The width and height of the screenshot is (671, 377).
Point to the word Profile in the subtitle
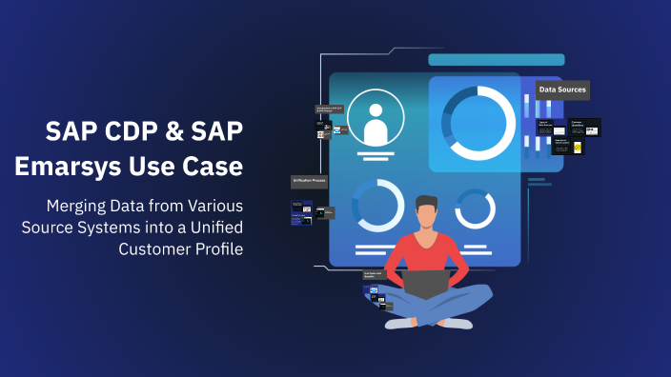pyautogui.click(x=216, y=248)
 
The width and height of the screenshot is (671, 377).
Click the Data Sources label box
pyautogui.click(x=561, y=90)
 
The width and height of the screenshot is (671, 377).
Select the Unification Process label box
pyautogui.click(x=309, y=181)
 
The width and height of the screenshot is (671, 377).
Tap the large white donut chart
pyautogui.click(x=482, y=123)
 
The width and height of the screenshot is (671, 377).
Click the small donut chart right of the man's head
pyautogui.click(x=473, y=208)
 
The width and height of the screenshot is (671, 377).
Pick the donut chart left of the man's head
pyautogui.click(x=377, y=204)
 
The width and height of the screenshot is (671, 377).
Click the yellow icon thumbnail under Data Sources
pyautogui.click(x=577, y=149)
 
